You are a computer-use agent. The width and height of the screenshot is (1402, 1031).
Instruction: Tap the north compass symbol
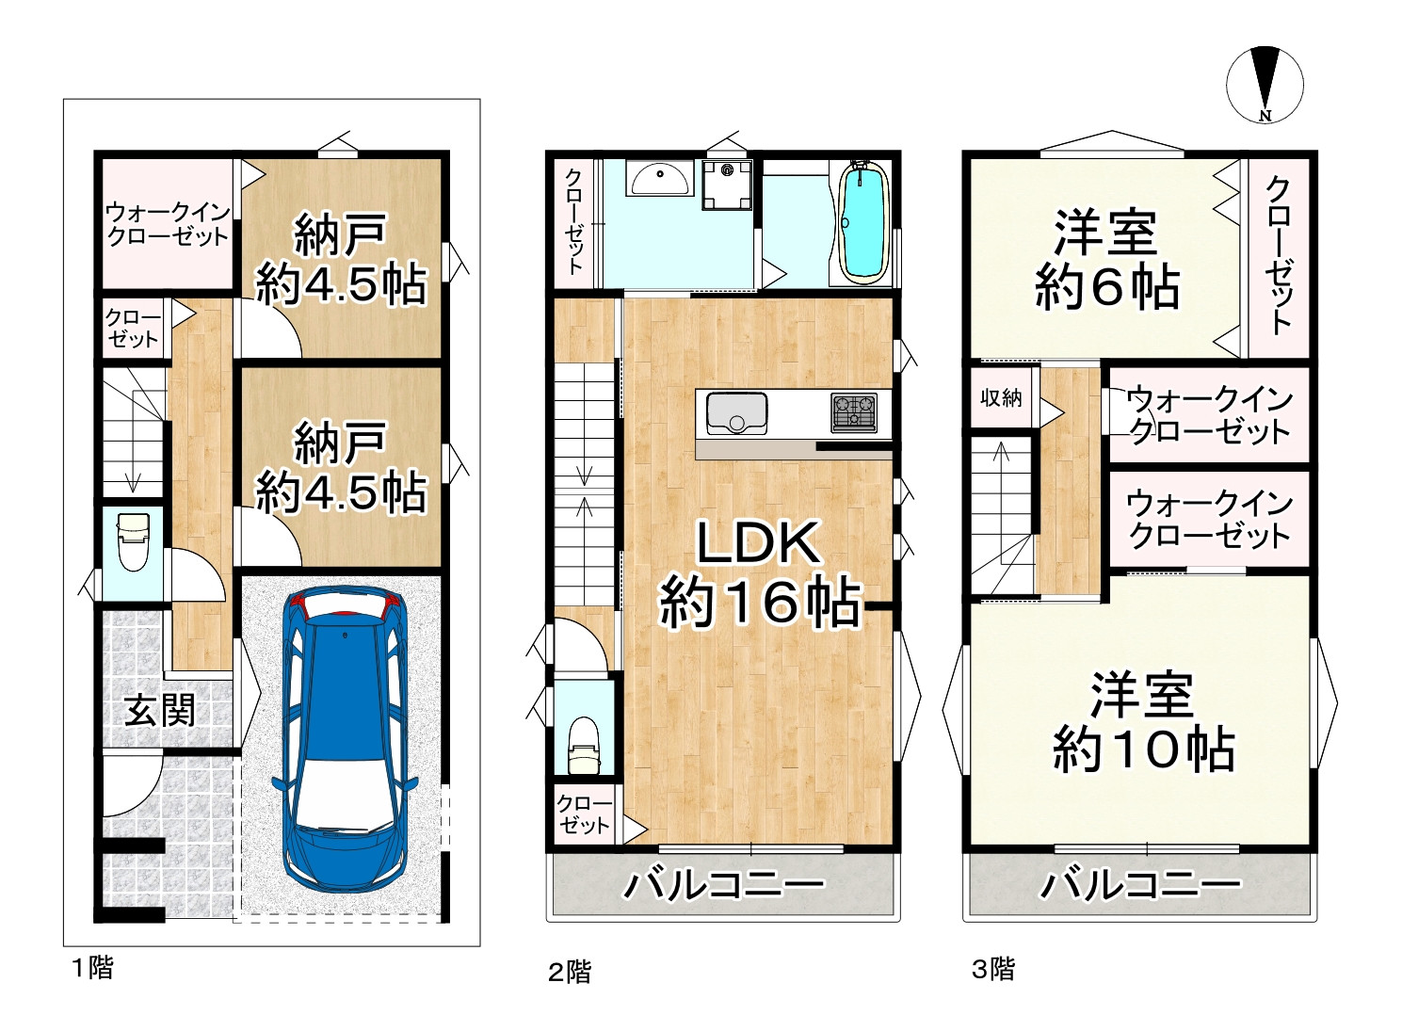click(1265, 84)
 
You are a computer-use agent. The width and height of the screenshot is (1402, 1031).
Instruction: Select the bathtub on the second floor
click(862, 223)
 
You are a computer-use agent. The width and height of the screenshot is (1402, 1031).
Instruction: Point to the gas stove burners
click(853, 412)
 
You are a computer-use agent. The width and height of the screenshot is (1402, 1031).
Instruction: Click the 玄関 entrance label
click(160, 710)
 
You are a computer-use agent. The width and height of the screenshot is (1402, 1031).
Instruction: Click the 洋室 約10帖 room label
click(1142, 722)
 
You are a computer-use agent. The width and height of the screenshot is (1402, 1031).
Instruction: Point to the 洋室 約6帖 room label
click(1106, 261)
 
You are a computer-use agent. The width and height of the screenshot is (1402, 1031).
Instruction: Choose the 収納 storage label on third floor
click(1001, 397)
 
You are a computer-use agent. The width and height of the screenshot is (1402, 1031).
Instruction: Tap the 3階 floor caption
click(993, 969)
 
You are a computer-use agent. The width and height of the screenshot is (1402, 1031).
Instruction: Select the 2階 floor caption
click(570, 971)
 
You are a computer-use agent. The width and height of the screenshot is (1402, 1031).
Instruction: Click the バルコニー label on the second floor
click(723, 885)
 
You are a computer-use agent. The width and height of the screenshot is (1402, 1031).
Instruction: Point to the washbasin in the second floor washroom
click(659, 177)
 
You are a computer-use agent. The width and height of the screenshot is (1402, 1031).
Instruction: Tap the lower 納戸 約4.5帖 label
click(340, 468)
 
